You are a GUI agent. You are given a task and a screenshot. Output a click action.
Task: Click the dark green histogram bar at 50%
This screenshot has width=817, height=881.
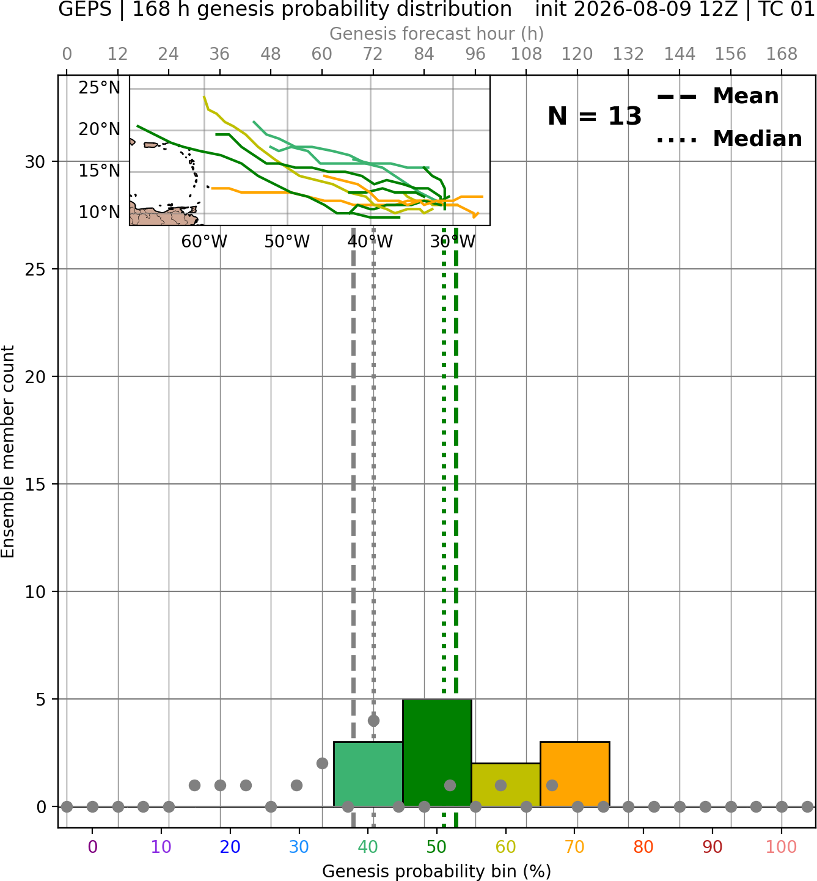tap(437, 753)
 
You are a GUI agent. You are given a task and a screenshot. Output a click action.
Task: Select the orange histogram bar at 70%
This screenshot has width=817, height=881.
tap(575, 774)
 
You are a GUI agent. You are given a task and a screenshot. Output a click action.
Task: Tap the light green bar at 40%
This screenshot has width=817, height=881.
tap(368, 774)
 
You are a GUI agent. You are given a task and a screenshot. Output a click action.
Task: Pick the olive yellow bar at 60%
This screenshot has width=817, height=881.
tap(506, 784)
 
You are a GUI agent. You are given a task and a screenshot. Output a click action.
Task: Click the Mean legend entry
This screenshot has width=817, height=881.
tap(717, 97)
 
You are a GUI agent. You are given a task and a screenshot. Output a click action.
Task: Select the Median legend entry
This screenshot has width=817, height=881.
tap(730, 139)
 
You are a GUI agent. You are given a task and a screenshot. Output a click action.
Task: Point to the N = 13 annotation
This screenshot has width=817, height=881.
tap(595, 116)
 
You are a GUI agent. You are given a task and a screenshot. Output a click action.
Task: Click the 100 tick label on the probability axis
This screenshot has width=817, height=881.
tap(782, 847)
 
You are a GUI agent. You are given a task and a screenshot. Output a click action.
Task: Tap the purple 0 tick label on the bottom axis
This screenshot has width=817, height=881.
tap(92, 847)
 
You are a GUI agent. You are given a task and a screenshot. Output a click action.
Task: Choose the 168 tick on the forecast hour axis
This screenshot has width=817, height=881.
tap(782, 54)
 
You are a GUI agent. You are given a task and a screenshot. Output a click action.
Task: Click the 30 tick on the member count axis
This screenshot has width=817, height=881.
tap(35, 162)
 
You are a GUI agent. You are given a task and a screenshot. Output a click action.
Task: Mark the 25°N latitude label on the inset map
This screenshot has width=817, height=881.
tap(100, 88)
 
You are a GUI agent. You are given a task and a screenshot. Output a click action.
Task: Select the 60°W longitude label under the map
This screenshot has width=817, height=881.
tap(204, 242)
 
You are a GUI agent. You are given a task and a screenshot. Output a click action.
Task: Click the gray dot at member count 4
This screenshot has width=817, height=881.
tap(373, 720)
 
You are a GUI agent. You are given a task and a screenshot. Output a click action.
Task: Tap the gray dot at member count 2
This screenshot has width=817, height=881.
tap(322, 764)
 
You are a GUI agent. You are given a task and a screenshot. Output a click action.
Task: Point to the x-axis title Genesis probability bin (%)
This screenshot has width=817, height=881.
tap(437, 871)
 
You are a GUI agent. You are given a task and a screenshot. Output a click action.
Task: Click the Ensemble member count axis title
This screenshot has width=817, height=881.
tap(7, 451)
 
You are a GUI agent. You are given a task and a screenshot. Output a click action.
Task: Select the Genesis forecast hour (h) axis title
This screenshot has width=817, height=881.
tap(437, 34)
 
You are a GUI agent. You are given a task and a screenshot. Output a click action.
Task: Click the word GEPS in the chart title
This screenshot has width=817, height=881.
tap(85, 9)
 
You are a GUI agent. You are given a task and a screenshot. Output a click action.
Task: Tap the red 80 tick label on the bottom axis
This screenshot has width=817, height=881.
tap(643, 847)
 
